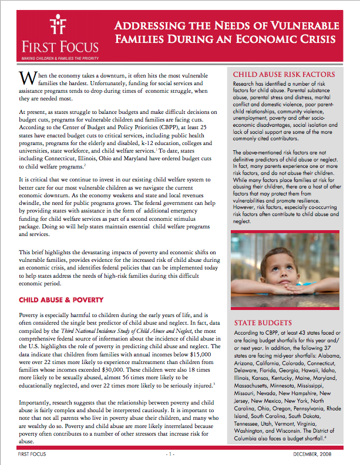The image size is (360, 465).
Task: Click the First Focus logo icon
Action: [57, 23]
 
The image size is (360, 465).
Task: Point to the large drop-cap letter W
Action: [26, 79]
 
